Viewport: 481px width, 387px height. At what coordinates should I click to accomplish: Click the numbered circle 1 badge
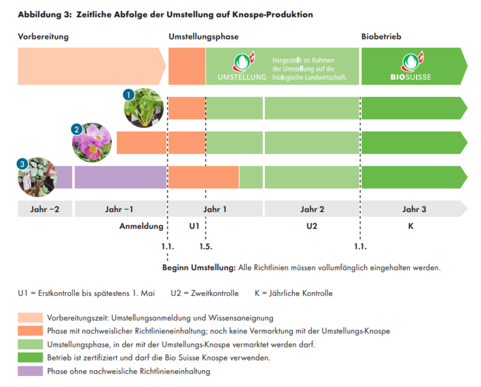[x=128, y=94]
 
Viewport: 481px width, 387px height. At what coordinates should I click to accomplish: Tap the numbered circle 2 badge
[x=77, y=129]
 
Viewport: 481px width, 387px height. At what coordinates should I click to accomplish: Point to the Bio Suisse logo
[x=411, y=67]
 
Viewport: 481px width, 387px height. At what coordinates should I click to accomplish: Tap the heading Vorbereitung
[x=43, y=37]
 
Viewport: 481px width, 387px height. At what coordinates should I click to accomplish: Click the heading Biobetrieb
[x=381, y=37]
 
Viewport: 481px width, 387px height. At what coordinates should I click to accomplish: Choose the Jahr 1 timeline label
[x=215, y=209]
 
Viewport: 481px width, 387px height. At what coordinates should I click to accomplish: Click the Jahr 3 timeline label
[x=414, y=209]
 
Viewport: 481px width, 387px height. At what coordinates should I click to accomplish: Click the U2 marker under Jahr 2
[x=312, y=226]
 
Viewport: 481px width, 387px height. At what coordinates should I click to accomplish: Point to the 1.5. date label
[x=206, y=246]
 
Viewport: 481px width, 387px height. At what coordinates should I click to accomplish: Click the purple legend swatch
[x=30, y=371]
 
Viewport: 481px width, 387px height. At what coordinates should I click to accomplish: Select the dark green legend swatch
[x=30, y=357]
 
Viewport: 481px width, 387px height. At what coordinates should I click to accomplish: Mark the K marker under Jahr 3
[x=411, y=226]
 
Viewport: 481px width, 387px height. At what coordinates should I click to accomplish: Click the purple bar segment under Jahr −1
[x=121, y=177]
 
